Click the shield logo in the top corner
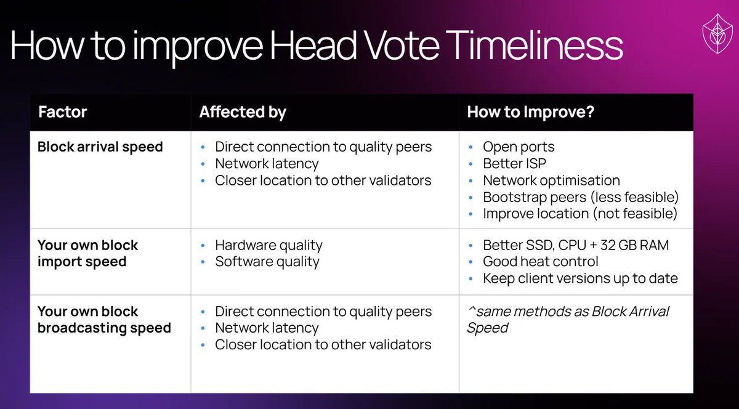click(717, 33)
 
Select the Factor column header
click(62, 112)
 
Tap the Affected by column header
click(243, 112)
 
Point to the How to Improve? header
click(530, 112)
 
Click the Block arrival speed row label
click(100, 147)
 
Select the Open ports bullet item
click(519, 147)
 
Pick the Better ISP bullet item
click(514, 163)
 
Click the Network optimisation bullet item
click(551, 180)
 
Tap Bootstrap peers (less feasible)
click(581, 197)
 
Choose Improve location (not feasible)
click(580, 214)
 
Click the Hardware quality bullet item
click(269, 245)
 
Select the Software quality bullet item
click(267, 262)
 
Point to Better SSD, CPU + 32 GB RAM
click(576, 245)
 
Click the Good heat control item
click(541, 262)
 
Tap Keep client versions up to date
click(580, 278)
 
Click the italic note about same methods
click(568, 320)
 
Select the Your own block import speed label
click(87, 253)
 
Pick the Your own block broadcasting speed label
click(104, 320)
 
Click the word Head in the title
click(313, 46)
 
